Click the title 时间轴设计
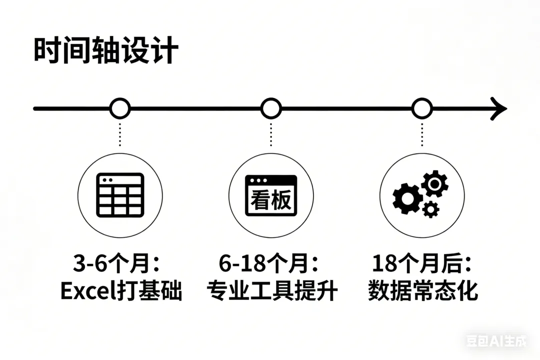[x=105, y=51]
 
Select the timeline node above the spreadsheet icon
[x=120, y=108]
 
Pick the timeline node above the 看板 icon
[x=271, y=108]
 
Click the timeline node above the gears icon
[x=422, y=108]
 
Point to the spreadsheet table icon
[x=120, y=194]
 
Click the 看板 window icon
[x=271, y=195]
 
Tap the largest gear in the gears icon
[x=406, y=198]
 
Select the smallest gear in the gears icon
[x=430, y=209]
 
